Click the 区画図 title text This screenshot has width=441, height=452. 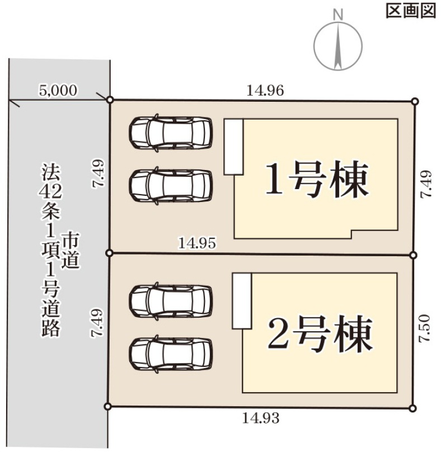pyautogui.click(x=410, y=12)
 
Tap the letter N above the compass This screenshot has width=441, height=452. pyautogui.click(x=337, y=15)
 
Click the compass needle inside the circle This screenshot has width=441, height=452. pyautogui.click(x=337, y=49)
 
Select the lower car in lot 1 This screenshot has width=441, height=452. pyautogui.click(x=171, y=185)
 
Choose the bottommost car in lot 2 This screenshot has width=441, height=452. pyautogui.click(x=171, y=352)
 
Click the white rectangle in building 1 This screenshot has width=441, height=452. pyautogui.click(x=233, y=147)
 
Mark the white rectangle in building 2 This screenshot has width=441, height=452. pyautogui.click(x=241, y=301)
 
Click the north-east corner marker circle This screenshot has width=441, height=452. pyautogui.click(x=415, y=101)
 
